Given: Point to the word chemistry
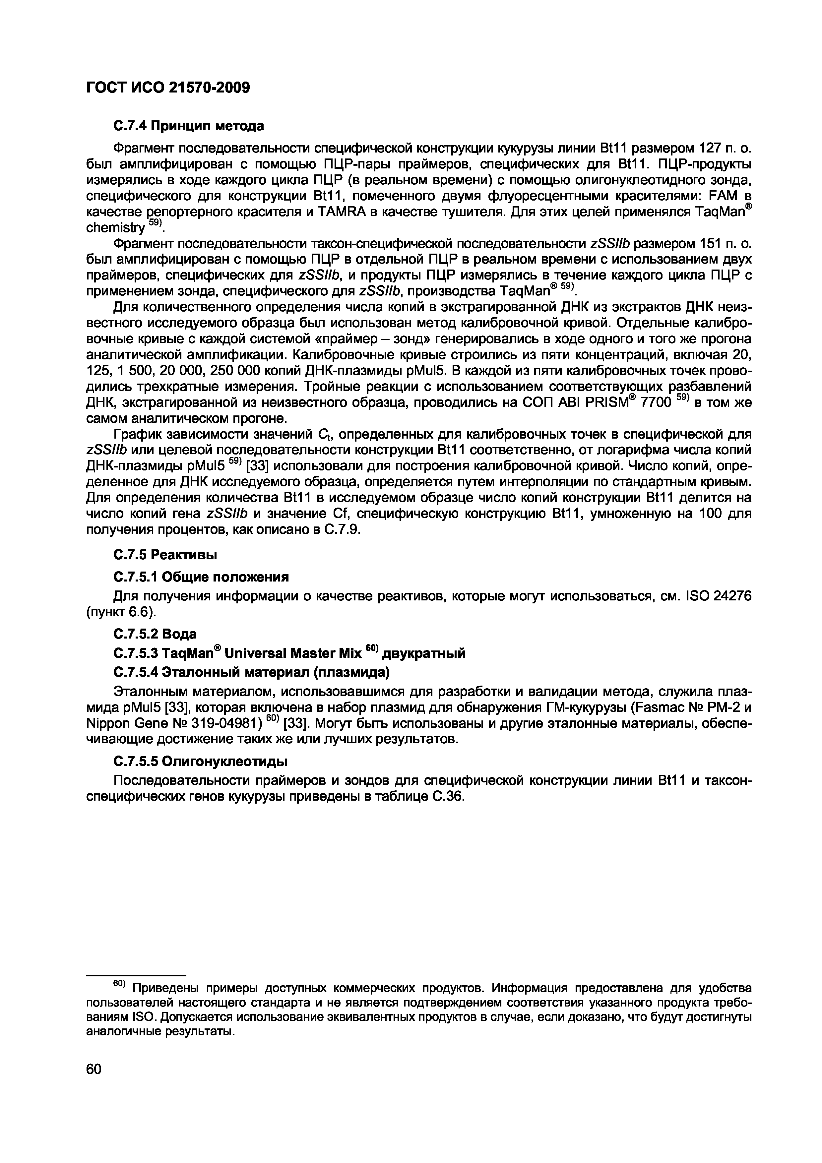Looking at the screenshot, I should click(115, 228).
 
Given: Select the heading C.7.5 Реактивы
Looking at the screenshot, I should click(164, 555).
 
